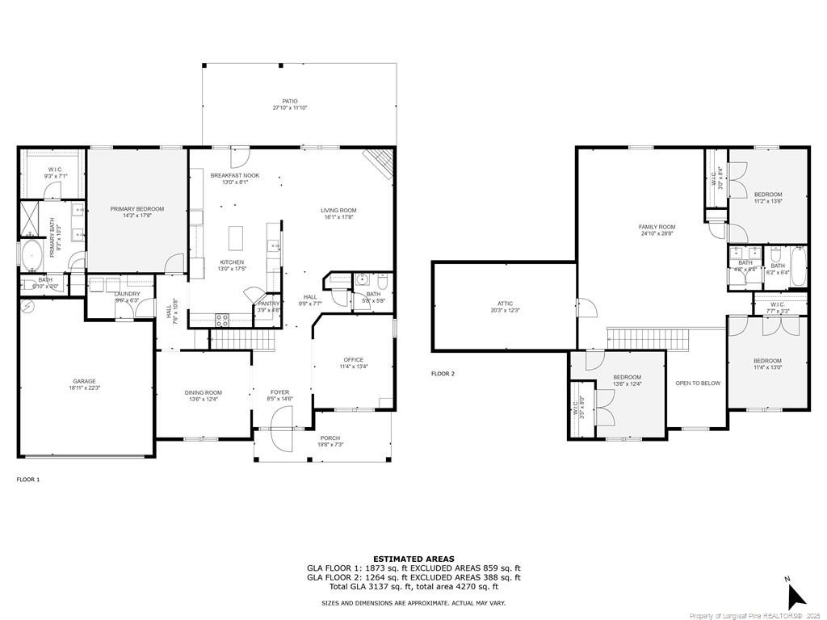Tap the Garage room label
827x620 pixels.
coord(85,381)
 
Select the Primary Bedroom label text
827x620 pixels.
coord(137,209)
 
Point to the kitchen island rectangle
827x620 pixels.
coord(236,238)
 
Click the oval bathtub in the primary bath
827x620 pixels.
coord(32,256)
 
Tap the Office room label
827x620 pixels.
coord(353,360)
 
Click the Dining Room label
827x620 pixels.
coord(204,392)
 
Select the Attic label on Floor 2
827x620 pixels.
coord(502,304)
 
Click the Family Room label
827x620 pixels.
coord(657,228)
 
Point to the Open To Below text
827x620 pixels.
coord(698,383)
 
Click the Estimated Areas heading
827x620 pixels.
coord(413,559)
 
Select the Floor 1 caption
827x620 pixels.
coord(28,480)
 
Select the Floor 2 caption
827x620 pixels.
coord(443,374)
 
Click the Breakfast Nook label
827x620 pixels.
coord(235,175)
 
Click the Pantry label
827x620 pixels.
coord(268,303)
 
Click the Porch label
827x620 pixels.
coord(330,438)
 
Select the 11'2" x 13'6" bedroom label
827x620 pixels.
coord(768,195)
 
